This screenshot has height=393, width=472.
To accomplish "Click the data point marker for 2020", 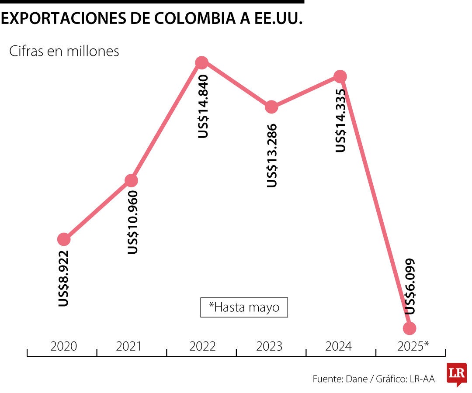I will click(64, 239).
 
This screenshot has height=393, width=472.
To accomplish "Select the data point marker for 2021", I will click(131, 180).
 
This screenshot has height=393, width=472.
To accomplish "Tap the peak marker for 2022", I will click(201, 63).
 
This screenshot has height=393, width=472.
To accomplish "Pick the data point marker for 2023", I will click(271, 107).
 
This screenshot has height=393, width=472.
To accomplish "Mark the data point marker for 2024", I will click(340, 76).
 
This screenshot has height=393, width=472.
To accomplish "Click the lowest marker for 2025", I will click(410, 328).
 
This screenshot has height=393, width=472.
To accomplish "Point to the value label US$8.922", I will click(64, 278).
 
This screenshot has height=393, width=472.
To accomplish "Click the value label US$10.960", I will click(132, 222).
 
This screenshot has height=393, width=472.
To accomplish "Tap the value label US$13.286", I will click(272, 155).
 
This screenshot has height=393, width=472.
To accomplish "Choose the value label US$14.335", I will click(341, 120).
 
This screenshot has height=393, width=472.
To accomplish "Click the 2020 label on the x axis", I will click(63, 347).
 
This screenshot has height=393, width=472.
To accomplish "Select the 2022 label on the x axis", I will click(202, 347).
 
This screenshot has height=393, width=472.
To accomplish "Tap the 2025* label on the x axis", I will click(413, 347).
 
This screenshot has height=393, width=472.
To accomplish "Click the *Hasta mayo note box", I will click(244, 307).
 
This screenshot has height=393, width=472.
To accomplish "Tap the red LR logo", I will click(456, 374).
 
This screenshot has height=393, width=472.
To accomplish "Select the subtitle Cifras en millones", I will click(64, 51).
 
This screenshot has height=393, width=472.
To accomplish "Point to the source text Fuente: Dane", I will click(340, 379).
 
